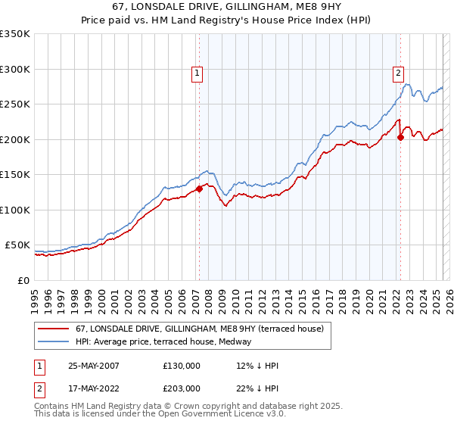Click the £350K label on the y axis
[x=15, y=34]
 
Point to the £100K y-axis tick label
[x=15, y=210]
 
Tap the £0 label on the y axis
[x=22, y=280]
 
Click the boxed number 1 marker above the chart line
[x=197, y=73]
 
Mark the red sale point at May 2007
[x=199, y=189]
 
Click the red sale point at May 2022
[x=400, y=137]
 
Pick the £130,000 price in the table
[x=181, y=366]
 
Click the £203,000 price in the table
[x=181, y=388]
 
